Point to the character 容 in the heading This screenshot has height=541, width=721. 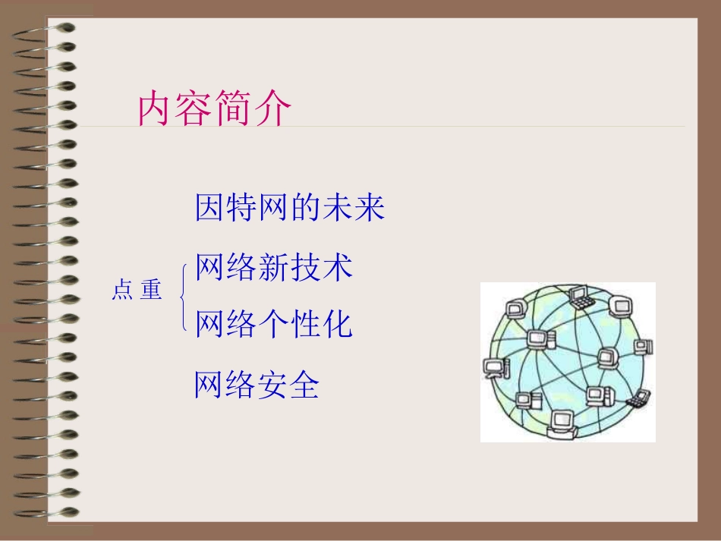(x=196, y=110)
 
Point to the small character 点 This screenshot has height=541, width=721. (x=122, y=290)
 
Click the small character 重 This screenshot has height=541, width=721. (x=151, y=290)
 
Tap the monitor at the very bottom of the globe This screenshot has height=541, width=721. (x=563, y=420)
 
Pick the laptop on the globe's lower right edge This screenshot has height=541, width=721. (x=642, y=395)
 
